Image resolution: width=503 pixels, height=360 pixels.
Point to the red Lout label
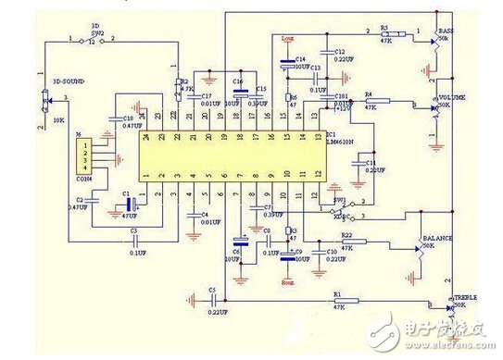286,39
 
